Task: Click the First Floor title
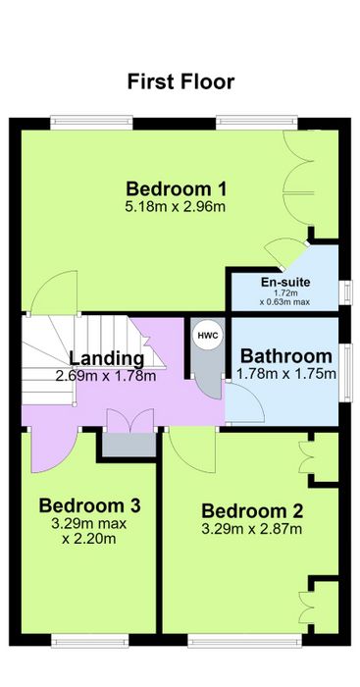180,81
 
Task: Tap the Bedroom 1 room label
177,189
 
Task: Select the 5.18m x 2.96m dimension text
176,207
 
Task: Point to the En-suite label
285,283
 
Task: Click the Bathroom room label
286,356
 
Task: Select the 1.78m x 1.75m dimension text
286,374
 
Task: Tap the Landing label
106,358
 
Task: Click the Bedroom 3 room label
90,505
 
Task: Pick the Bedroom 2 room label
252,511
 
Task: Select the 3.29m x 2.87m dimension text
252,529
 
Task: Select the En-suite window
346,291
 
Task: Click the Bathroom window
346,372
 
